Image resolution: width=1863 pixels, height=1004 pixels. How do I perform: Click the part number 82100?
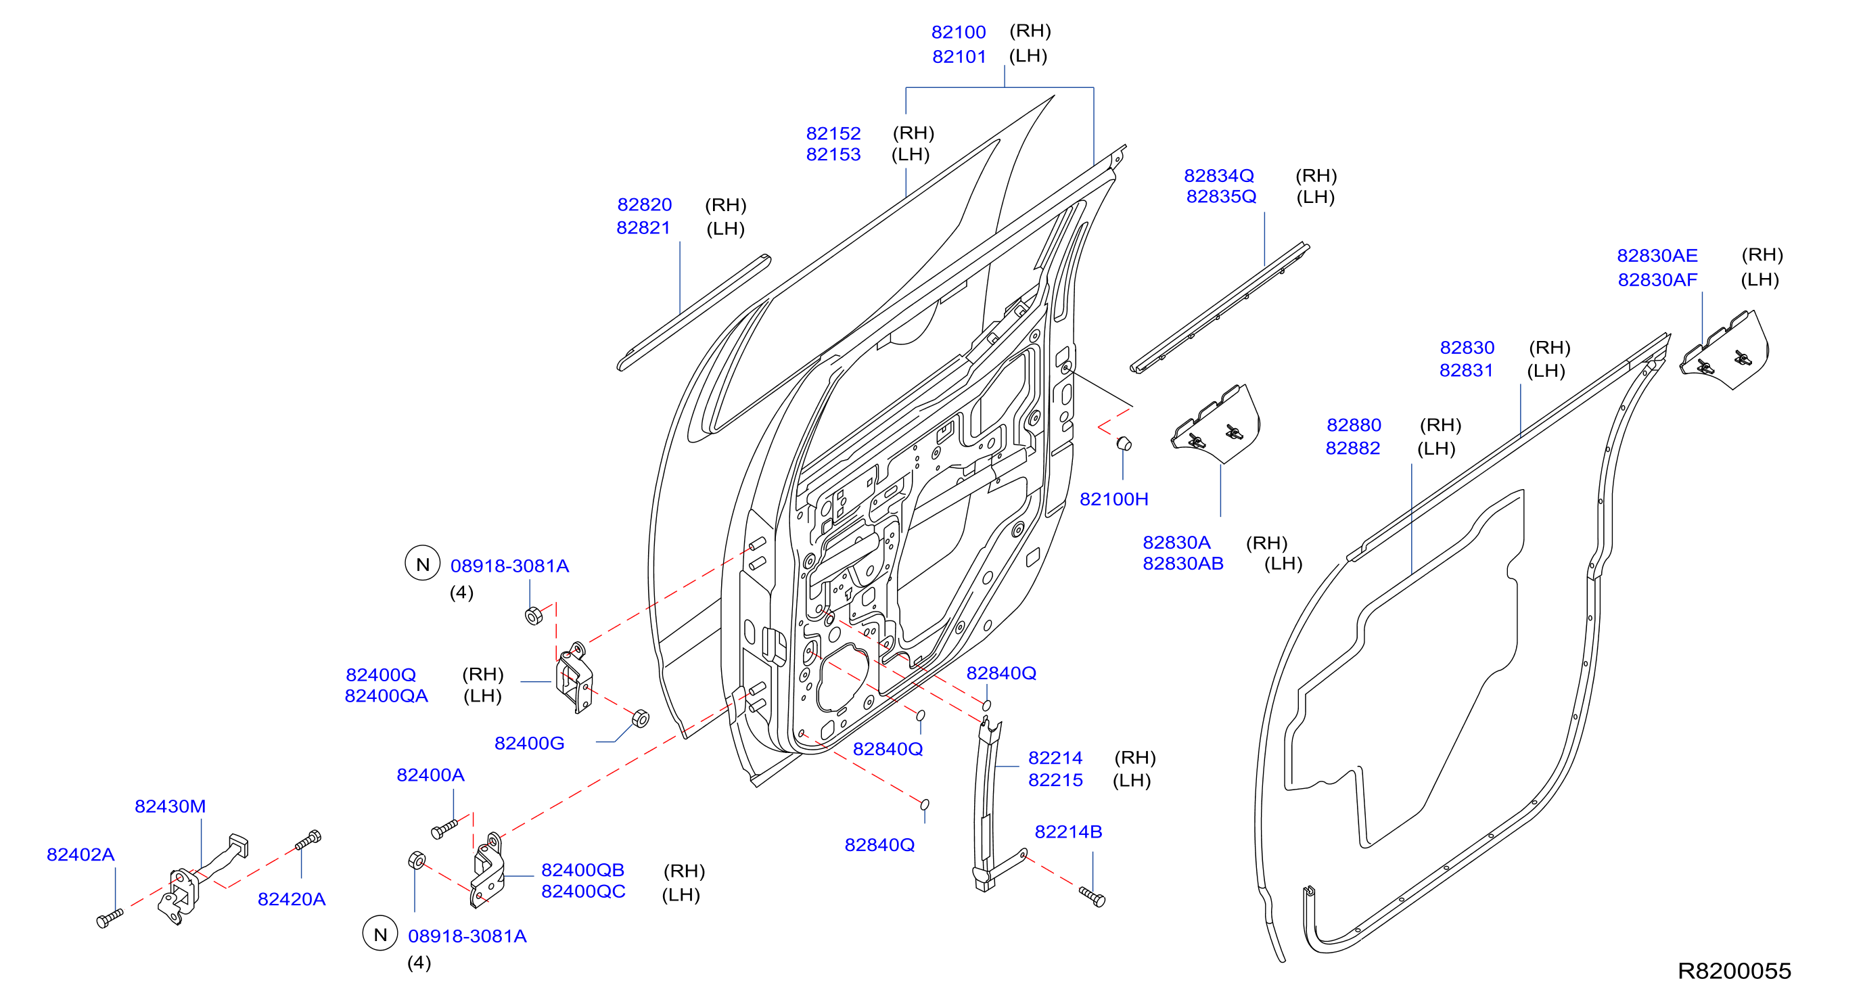click(x=959, y=32)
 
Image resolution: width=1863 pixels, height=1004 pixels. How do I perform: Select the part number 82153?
click(x=833, y=155)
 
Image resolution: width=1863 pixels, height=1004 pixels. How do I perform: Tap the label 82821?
click(x=643, y=228)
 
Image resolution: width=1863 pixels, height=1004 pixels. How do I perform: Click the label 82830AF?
click(x=1657, y=280)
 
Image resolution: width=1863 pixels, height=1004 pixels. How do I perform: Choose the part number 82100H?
click(x=1113, y=499)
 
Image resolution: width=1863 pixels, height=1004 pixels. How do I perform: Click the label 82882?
click(x=1352, y=449)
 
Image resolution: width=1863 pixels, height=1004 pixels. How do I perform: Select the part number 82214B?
click(x=1068, y=832)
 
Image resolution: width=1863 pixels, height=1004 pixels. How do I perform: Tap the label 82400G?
click(x=530, y=744)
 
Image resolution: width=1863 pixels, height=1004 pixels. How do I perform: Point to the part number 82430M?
click(x=170, y=806)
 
